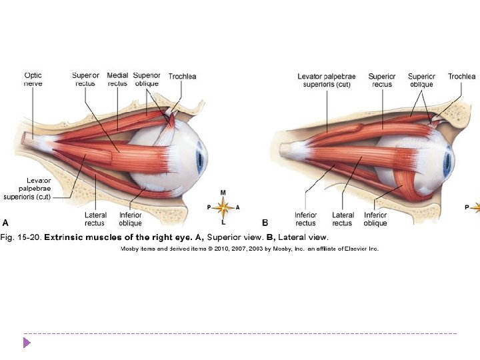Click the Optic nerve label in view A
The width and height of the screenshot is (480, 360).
pyautogui.click(x=33, y=80)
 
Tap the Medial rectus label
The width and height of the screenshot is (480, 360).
pyautogui.click(x=117, y=80)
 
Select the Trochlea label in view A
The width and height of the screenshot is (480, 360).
pyautogui.click(x=182, y=77)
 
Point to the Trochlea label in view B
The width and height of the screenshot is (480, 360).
pyautogui.click(x=461, y=77)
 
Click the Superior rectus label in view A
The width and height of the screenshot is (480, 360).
pyautogui.click(x=85, y=80)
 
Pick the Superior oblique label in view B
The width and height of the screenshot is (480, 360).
pyautogui.click(x=421, y=80)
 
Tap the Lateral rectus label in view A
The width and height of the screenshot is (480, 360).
pyautogui.click(x=95, y=219)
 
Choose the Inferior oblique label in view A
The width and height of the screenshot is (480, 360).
pyautogui.click(x=130, y=219)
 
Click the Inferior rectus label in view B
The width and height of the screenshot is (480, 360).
pyautogui.click(x=305, y=219)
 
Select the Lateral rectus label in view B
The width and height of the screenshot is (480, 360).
pyautogui.click(x=343, y=219)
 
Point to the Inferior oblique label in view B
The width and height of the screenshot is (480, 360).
pyautogui.click(x=375, y=219)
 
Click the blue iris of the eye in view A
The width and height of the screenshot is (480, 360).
pyautogui.click(x=199, y=159)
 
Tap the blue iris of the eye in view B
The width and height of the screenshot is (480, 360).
pyautogui.click(x=447, y=160)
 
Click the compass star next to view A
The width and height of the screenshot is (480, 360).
pyautogui.click(x=223, y=207)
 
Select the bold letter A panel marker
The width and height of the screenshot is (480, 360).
pyautogui.click(x=6, y=223)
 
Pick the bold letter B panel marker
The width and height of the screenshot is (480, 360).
pyautogui.click(x=265, y=223)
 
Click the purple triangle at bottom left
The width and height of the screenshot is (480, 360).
pyautogui.click(x=27, y=343)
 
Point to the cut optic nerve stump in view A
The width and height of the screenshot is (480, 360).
pyautogui.click(x=29, y=139)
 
